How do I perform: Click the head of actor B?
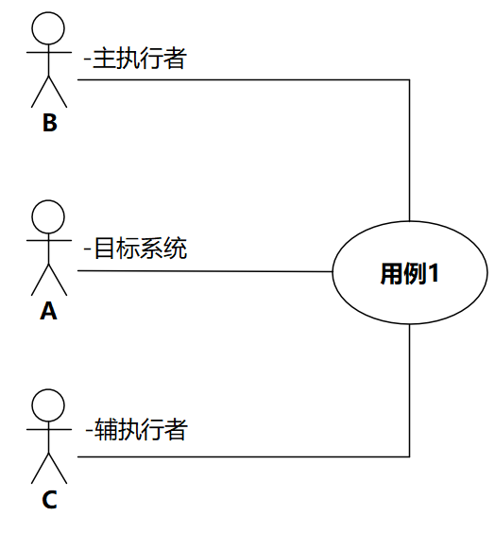[49, 28]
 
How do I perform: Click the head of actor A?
[49, 217]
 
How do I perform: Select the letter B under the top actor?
[49, 123]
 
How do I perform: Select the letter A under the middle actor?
[49, 311]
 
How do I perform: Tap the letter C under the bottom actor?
[49, 499]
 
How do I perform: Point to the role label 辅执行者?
[136, 431]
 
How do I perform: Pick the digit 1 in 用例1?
[434, 274]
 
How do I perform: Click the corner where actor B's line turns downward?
[409, 80]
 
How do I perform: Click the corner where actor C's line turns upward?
[409, 457]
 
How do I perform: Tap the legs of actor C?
[49, 467]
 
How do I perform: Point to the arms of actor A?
[49, 241]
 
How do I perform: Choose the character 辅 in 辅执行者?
[104, 431]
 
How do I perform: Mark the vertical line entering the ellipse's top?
[409, 151]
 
